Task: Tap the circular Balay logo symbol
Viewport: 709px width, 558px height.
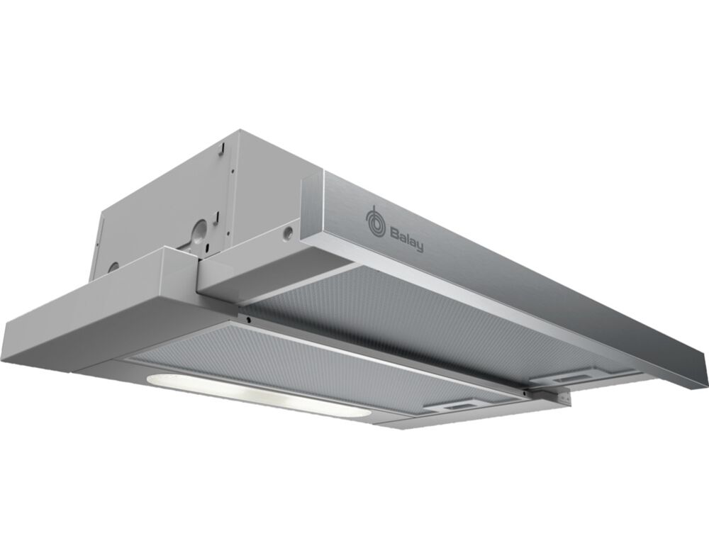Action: [x=373, y=221]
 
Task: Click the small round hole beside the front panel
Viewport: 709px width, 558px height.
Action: [x=286, y=232]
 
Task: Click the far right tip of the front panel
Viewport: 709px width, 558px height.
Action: [x=706, y=361]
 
